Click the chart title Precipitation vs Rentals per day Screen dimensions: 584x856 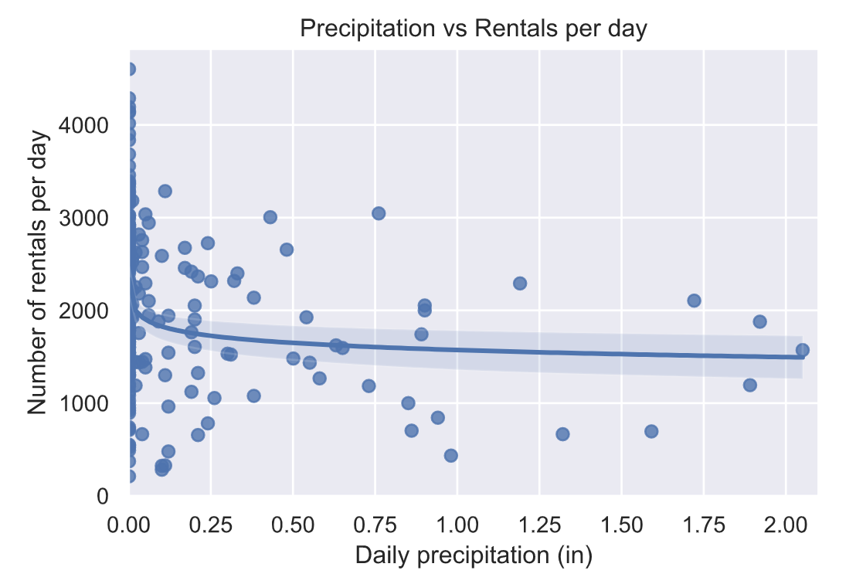[x=473, y=29]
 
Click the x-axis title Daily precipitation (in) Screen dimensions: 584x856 [x=473, y=555]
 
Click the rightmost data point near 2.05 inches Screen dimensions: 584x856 [x=802, y=350]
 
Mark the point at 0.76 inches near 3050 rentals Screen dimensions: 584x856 [x=379, y=213]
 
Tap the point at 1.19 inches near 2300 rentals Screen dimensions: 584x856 [x=520, y=284]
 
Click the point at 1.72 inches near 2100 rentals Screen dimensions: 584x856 [x=694, y=300]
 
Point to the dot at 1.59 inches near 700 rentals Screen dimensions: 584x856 [x=651, y=431]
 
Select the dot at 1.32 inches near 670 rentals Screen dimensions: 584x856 [x=562, y=434]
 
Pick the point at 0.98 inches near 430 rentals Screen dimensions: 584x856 [x=450, y=456]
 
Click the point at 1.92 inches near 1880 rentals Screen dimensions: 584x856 [x=759, y=321]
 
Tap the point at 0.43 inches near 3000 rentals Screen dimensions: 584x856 [x=270, y=217]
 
